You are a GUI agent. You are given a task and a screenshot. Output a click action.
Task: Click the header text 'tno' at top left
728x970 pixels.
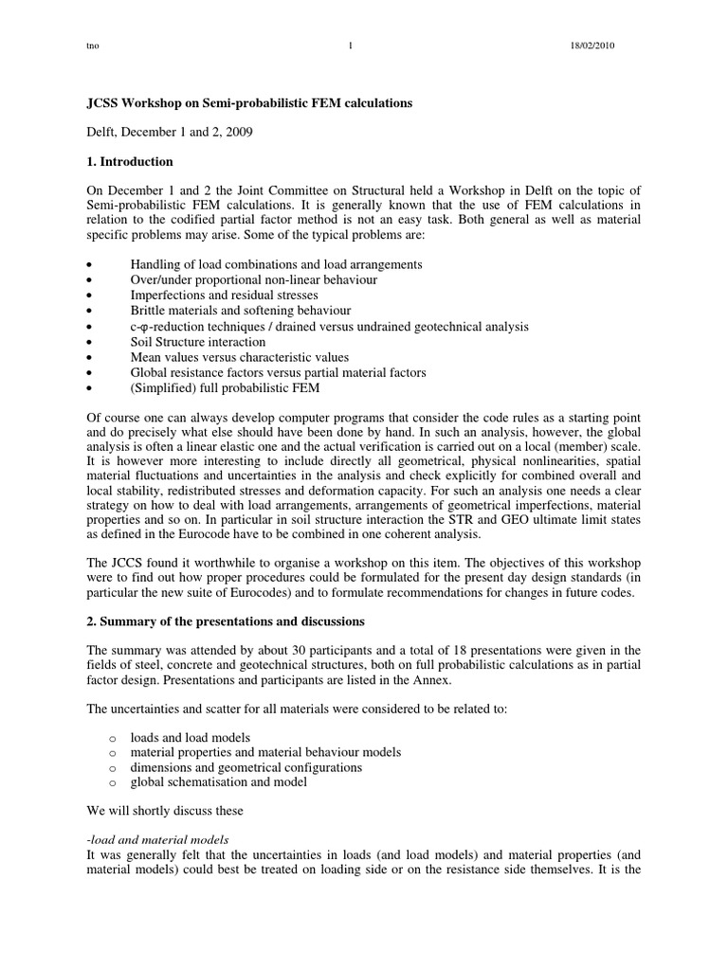click(x=93, y=46)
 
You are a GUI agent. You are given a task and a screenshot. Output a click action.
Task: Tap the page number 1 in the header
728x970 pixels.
click(x=350, y=46)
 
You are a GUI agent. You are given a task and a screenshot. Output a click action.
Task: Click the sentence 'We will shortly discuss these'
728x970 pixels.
click(x=165, y=811)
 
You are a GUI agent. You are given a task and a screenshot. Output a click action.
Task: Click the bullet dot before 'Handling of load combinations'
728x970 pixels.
click(x=89, y=265)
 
